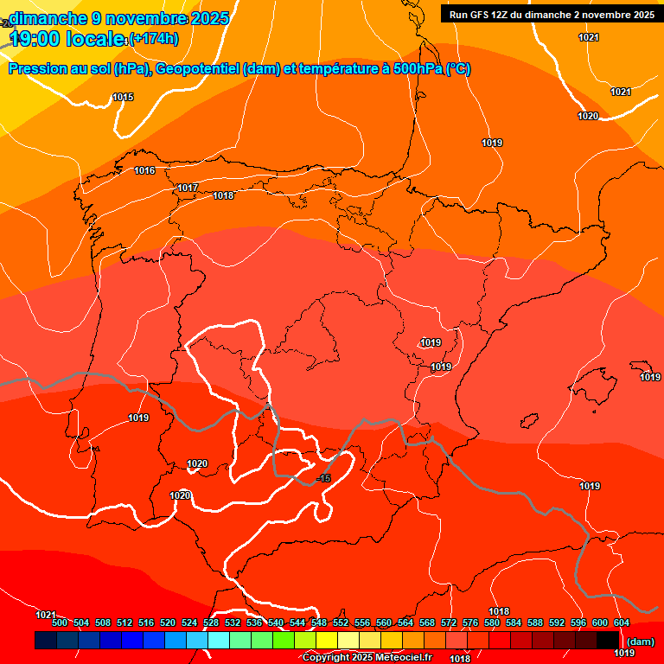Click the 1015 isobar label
tap(123, 98)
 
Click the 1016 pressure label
tap(144, 171)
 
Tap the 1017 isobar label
tap(188, 188)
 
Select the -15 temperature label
tap(323, 479)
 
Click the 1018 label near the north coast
tap(223, 196)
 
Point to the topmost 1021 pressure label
tap(589, 37)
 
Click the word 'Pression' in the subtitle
tap(36, 69)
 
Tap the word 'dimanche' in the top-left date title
tap(48, 18)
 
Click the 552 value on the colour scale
tap(341, 623)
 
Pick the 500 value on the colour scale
tap(60, 623)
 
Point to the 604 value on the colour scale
tap(622, 623)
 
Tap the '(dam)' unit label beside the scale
tap(640, 642)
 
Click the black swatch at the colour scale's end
tap(607, 640)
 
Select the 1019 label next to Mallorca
tap(650, 377)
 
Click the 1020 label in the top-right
tap(588, 116)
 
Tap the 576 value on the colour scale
tap(470, 623)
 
